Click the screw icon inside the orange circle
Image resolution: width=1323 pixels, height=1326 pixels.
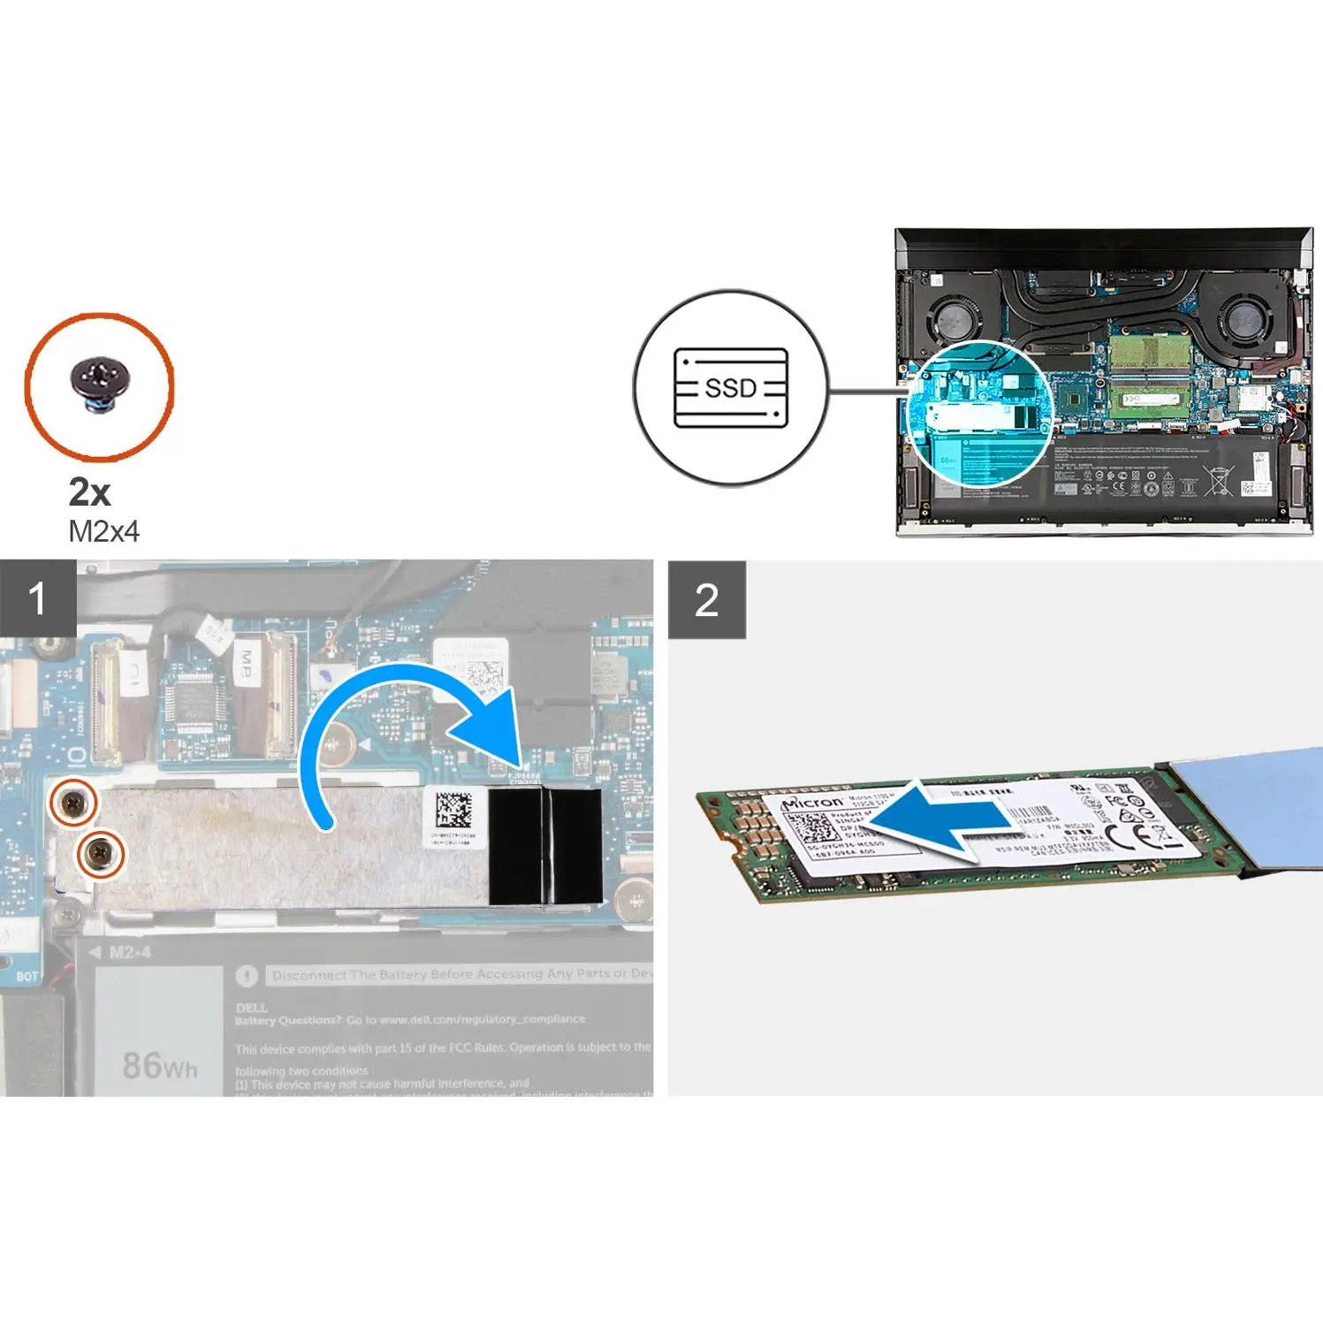[100, 385]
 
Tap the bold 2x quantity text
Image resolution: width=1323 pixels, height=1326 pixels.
[89, 492]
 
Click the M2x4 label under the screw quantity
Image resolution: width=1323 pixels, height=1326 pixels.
[103, 531]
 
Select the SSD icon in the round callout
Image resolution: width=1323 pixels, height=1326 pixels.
[730, 388]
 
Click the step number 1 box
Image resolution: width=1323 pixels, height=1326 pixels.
[38, 598]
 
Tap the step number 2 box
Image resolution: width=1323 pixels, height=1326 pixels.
[707, 600]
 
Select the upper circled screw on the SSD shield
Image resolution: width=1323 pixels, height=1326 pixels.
[73, 802]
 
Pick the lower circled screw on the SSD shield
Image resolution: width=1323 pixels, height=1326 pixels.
[102, 854]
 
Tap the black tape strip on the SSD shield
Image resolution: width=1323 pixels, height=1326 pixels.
[544, 846]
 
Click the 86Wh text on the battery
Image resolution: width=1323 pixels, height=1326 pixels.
[159, 1065]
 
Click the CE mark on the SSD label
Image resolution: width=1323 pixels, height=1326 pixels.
[1146, 828]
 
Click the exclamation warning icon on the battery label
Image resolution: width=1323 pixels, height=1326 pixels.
[247, 976]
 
